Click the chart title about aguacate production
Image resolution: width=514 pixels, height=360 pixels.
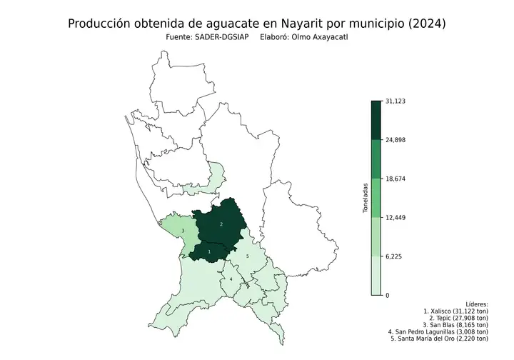(257, 24)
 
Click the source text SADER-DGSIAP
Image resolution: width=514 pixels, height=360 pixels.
(216, 37)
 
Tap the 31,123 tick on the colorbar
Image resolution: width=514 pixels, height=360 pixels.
(395, 101)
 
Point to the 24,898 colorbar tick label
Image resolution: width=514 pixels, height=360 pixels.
(395, 140)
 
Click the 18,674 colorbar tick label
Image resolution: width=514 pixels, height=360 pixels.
(395, 179)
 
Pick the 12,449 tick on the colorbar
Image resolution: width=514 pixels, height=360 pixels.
(395, 217)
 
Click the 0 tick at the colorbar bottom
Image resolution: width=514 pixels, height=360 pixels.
(388, 295)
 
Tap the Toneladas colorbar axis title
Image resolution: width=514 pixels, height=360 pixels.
(366, 198)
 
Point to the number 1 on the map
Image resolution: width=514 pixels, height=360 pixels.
(209, 252)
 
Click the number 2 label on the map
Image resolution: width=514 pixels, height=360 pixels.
(221, 224)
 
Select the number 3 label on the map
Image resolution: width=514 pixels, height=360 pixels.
(183, 231)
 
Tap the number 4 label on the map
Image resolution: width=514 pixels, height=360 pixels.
(231, 279)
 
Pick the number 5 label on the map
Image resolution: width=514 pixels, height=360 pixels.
(247, 256)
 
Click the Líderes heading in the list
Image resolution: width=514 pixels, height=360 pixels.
(476, 304)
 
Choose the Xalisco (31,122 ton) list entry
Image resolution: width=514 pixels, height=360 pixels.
(455, 311)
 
